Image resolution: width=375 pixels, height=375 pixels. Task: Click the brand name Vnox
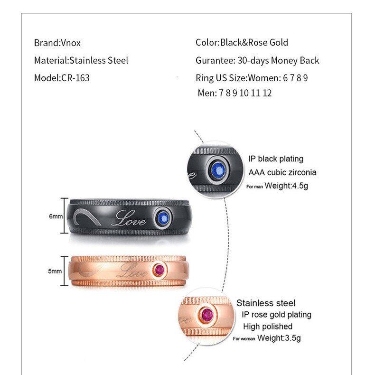pyautogui.click(x=71, y=43)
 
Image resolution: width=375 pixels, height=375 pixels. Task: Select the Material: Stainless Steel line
pyautogui.click(x=81, y=60)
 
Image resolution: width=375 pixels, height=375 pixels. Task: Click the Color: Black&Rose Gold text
pyautogui.click(x=242, y=43)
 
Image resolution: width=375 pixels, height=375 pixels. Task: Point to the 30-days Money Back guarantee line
pyautogui.click(x=257, y=60)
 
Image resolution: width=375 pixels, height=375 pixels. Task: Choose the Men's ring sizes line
pyautogui.click(x=234, y=93)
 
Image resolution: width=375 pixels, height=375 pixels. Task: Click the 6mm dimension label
pyautogui.click(x=56, y=216)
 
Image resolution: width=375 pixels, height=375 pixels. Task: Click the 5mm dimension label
pyautogui.click(x=55, y=271)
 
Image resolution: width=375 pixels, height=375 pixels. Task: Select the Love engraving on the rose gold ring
pyautogui.click(x=131, y=272)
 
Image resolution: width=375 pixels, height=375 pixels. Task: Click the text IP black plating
pyautogui.click(x=275, y=159)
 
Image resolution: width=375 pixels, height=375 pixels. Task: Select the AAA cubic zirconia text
pyautogui.click(x=282, y=172)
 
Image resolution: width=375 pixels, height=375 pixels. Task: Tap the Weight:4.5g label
pyautogui.click(x=286, y=186)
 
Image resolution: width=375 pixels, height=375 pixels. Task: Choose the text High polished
pyautogui.click(x=268, y=326)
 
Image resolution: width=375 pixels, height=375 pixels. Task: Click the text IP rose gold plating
pyautogui.click(x=276, y=314)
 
